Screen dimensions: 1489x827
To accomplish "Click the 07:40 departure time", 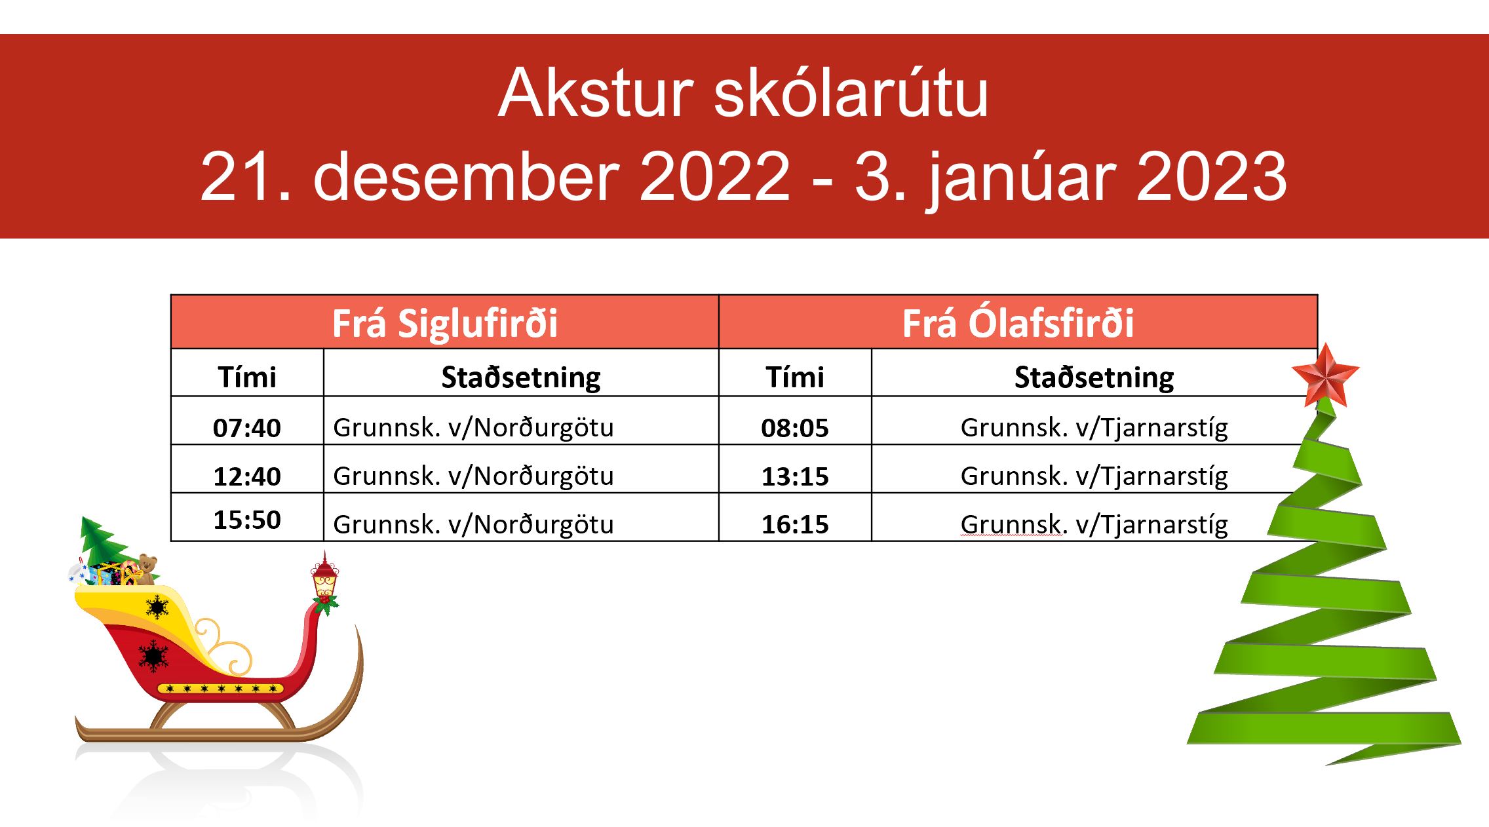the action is (247, 428).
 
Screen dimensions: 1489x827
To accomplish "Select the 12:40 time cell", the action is (247, 476).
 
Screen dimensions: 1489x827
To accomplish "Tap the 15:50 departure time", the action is (247, 520).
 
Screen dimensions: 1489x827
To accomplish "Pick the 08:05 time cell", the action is (795, 428).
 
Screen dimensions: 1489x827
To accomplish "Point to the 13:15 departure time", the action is (795, 476).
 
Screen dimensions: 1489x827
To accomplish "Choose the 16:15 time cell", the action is (795, 524).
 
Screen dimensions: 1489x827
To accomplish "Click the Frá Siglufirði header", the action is (445, 323).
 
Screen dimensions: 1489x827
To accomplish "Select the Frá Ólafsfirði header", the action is (1018, 322).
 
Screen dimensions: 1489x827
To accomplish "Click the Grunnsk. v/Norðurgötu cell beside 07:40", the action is (473, 428).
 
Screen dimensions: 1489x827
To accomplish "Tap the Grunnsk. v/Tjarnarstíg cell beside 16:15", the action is (1094, 525).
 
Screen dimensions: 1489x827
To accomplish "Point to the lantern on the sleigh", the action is (324, 577).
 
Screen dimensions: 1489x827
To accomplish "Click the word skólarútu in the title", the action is (851, 93).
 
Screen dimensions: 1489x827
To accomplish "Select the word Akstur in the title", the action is (596, 93).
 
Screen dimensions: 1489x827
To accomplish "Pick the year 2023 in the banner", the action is (1211, 176).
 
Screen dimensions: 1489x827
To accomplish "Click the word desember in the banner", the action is (466, 176).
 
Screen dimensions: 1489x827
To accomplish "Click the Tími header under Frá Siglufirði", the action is (247, 377).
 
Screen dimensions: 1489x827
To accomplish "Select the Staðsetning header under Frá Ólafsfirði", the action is (1094, 378).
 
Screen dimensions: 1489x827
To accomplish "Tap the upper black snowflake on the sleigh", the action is (157, 607).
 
